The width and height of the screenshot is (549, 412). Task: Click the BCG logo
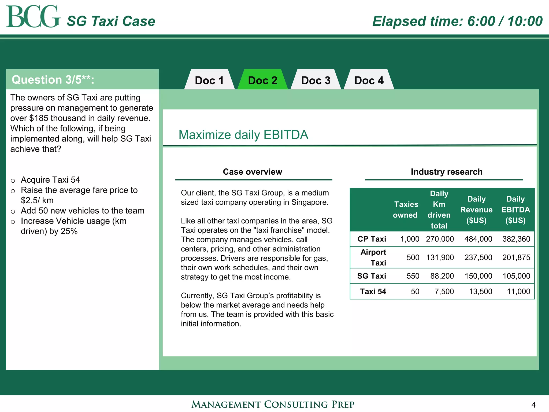[x=33, y=17]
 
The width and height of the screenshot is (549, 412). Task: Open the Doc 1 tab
[x=209, y=80]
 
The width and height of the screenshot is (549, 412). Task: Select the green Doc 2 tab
[x=262, y=80]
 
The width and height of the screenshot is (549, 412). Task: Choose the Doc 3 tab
[x=316, y=80]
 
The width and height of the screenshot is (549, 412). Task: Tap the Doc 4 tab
[x=369, y=80]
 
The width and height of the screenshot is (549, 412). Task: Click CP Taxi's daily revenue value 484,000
[x=478, y=239]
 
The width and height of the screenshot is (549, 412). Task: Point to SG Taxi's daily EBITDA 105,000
[x=516, y=276]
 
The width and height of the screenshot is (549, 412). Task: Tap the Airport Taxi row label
[x=373, y=257]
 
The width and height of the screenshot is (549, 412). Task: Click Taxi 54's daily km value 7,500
[x=444, y=292]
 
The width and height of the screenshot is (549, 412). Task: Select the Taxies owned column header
[x=406, y=209]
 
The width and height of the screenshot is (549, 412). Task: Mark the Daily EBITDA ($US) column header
[x=515, y=209]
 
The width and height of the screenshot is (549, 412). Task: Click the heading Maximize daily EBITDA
[x=243, y=135]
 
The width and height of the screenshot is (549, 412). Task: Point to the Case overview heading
[x=252, y=172]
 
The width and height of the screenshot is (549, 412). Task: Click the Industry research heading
[x=446, y=172]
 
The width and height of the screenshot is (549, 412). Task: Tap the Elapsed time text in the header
[x=457, y=21]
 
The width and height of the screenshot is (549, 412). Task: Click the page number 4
[x=533, y=405]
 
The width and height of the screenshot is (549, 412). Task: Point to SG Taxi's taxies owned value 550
[x=413, y=276]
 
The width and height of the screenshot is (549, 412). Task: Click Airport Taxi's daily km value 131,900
[x=440, y=257]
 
